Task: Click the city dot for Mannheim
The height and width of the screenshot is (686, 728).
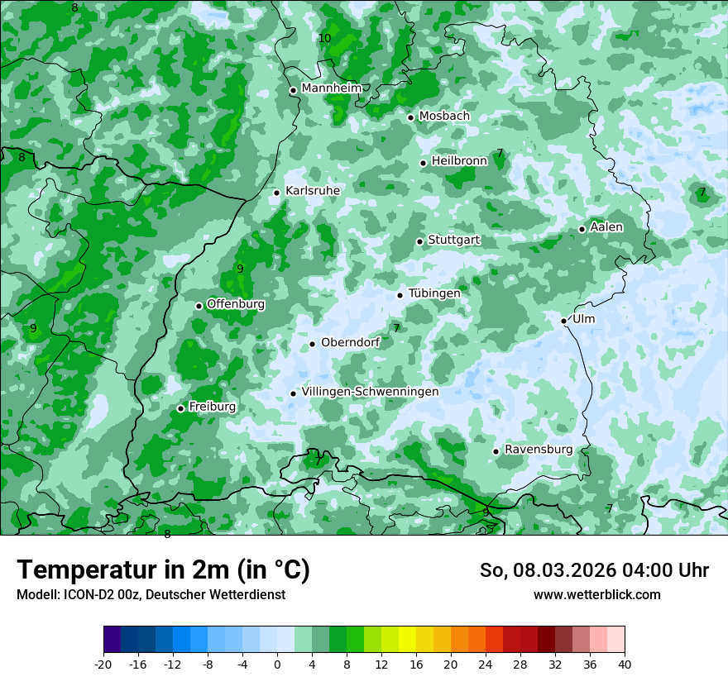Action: click(x=293, y=90)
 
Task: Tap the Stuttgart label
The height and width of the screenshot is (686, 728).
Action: click(x=453, y=240)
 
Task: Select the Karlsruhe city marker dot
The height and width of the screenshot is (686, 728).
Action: click(x=277, y=193)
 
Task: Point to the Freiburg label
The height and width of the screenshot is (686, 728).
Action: click(x=212, y=407)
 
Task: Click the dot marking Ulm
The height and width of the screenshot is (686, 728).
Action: click(x=564, y=321)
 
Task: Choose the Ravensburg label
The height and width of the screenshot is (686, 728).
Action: click(x=538, y=450)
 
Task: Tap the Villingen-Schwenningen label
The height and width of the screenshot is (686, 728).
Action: click(x=370, y=392)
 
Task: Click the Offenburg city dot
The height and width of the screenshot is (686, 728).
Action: click(x=199, y=306)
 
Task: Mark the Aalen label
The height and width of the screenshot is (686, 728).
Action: click(x=606, y=227)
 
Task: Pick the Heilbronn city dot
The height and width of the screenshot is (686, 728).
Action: click(x=423, y=163)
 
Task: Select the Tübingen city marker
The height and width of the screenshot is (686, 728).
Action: click(x=400, y=295)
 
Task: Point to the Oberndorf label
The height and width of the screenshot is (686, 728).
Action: click(x=350, y=342)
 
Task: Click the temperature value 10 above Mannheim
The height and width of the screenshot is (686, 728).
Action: click(x=324, y=39)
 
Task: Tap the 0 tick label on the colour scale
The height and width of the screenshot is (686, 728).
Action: click(x=277, y=665)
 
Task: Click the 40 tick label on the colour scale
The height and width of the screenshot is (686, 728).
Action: click(x=624, y=665)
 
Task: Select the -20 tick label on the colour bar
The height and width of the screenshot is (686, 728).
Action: click(x=103, y=665)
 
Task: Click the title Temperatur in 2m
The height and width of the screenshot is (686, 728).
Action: click(x=163, y=570)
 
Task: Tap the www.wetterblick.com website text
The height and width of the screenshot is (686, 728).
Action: click(x=596, y=594)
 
